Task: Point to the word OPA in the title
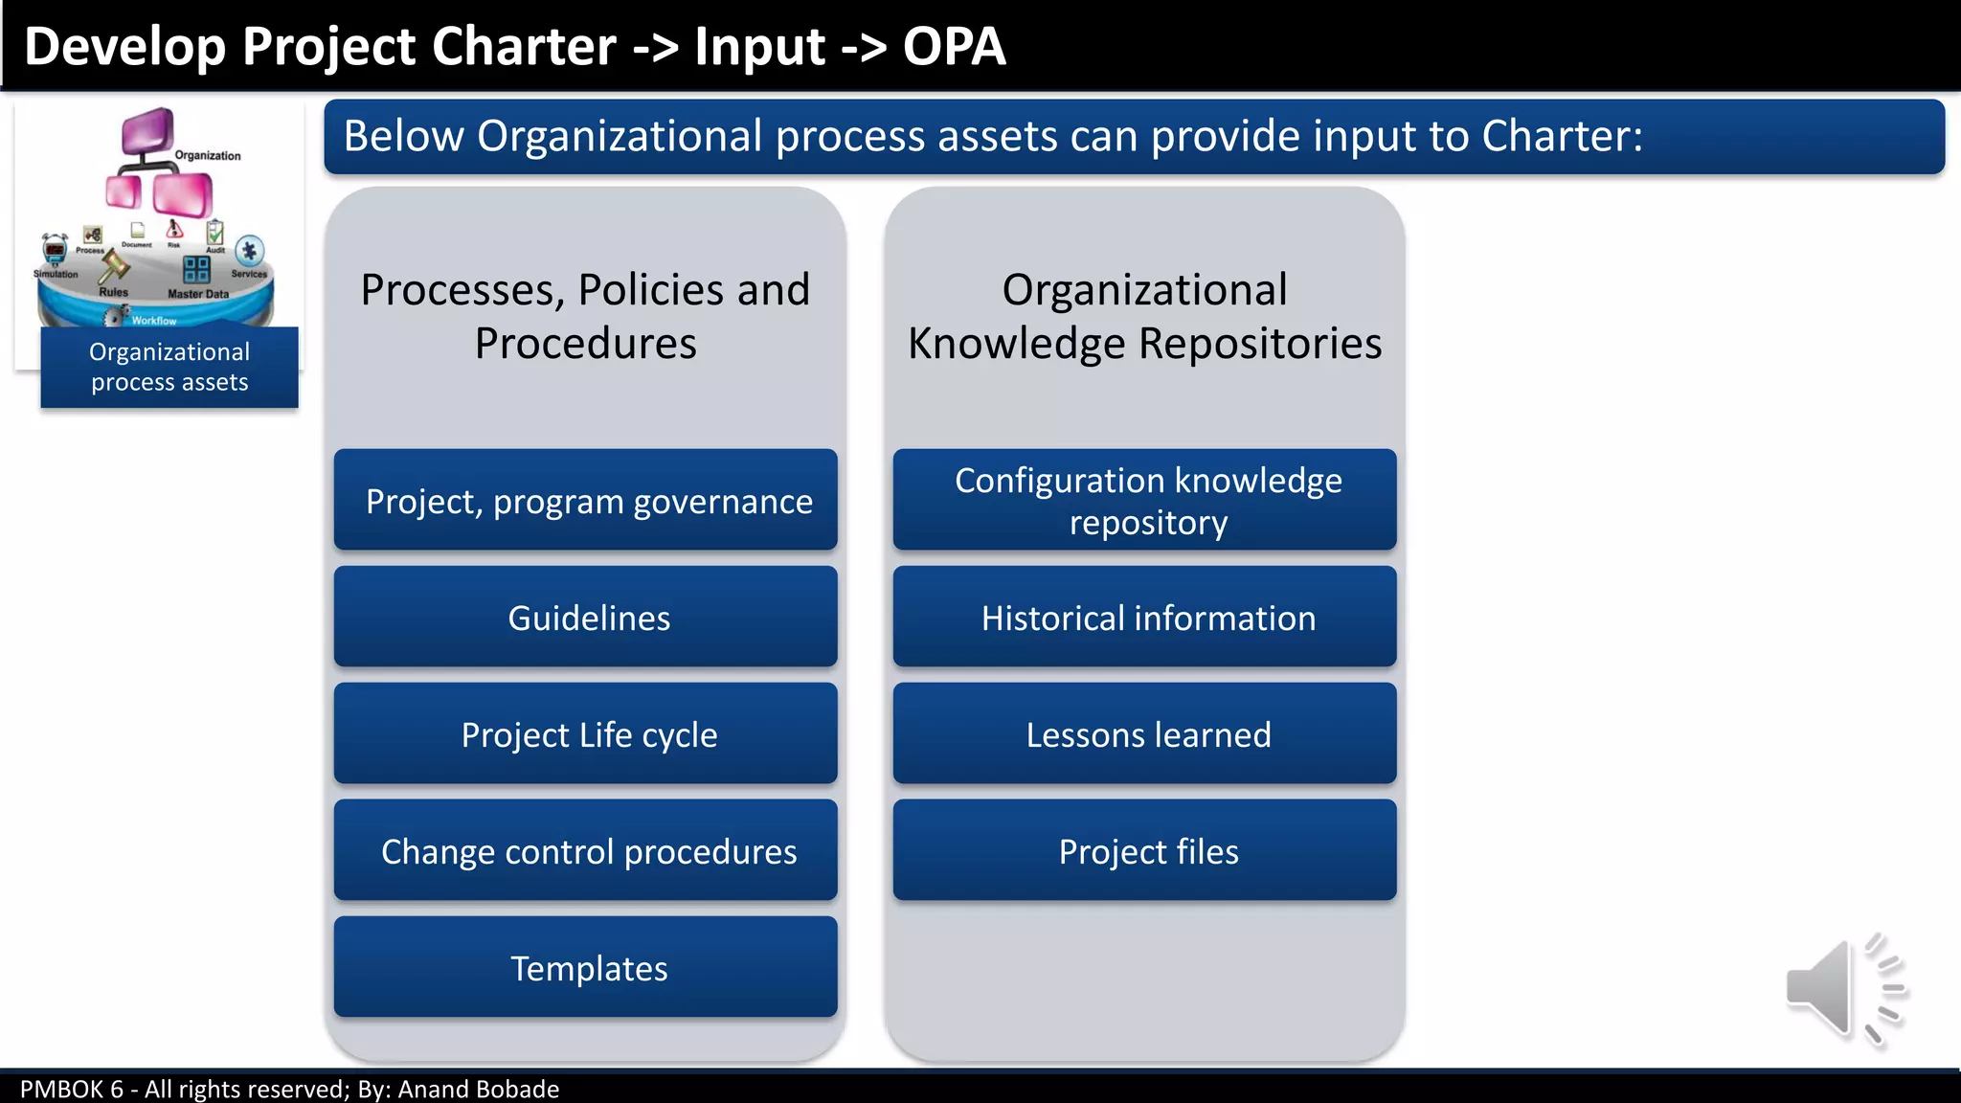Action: pyautogui.click(x=954, y=46)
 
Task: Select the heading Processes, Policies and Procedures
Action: pyautogui.click(x=585, y=316)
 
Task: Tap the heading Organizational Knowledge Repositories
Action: pyautogui.click(x=1145, y=316)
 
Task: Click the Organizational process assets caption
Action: pyautogui.click(x=169, y=368)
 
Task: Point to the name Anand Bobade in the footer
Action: pyautogui.click(x=478, y=1090)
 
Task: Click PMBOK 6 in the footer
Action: pyautogui.click(x=72, y=1090)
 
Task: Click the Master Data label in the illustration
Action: pyautogui.click(x=198, y=294)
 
